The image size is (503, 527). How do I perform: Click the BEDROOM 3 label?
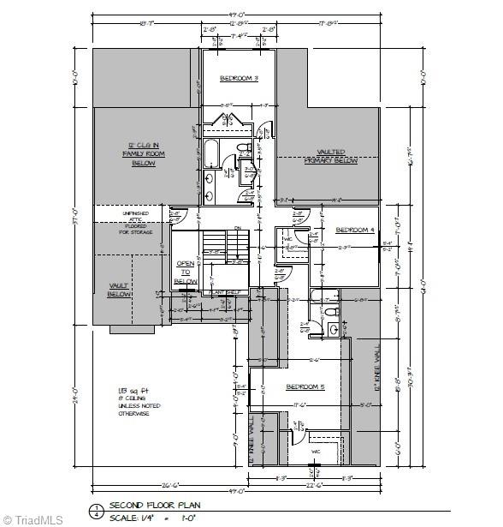pos(239,79)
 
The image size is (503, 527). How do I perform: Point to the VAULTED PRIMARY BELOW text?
pos(331,156)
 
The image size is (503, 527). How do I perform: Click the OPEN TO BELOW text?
pos(186,272)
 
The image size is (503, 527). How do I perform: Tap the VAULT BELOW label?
pos(118,290)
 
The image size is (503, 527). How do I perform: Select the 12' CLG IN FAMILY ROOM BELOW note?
pos(143,153)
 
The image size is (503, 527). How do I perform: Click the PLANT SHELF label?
pos(227,291)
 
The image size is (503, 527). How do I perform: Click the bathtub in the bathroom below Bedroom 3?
pos(210,153)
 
